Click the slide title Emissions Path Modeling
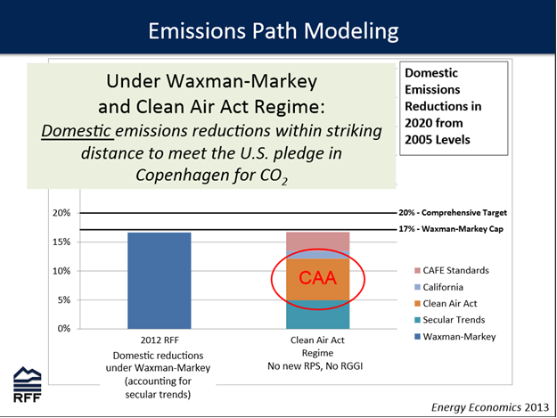[x=274, y=31]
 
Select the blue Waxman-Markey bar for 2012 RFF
[x=160, y=281]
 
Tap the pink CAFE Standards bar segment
[x=317, y=242]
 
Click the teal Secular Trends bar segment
[x=317, y=315]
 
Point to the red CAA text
[x=317, y=278]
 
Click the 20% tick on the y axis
[x=61, y=213]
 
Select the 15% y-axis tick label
[x=61, y=242]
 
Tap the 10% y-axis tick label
[x=61, y=271]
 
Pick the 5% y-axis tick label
[x=64, y=300]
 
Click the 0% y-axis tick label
[x=64, y=329]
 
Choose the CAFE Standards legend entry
[x=452, y=271]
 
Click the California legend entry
[x=438, y=287]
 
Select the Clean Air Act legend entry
[x=446, y=304]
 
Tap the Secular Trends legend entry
[x=449, y=320]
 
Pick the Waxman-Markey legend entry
[x=455, y=337]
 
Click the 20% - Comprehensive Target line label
[x=453, y=213]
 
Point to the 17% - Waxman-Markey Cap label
[x=451, y=229]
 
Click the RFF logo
[x=28, y=385]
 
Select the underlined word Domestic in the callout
[x=76, y=131]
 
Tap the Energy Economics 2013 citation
[x=490, y=407]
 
